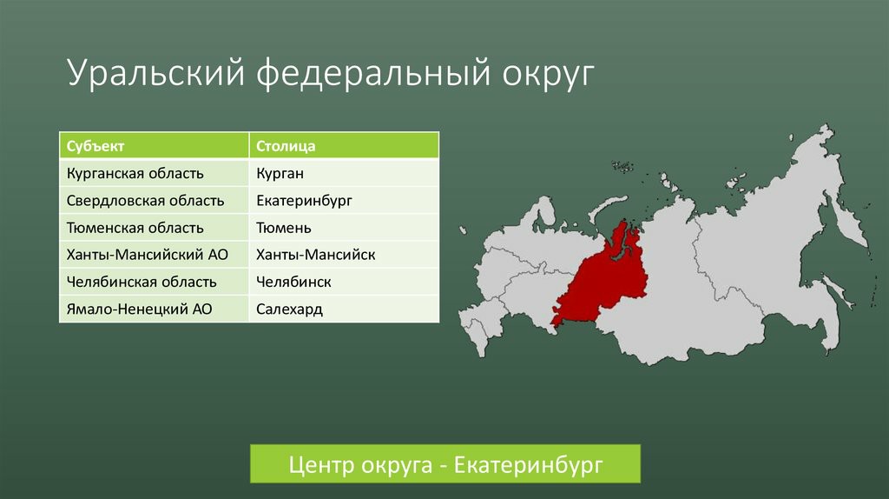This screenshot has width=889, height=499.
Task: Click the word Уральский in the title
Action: tap(156, 73)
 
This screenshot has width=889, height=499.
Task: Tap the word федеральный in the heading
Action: tap(372, 73)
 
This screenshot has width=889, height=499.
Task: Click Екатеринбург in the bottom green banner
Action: tap(529, 464)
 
